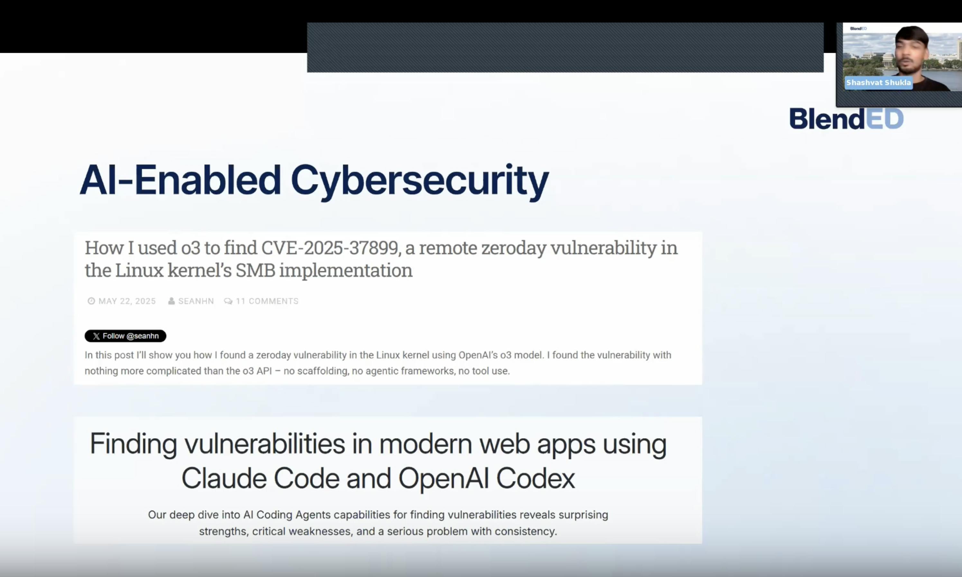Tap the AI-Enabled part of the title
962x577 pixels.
point(180,180)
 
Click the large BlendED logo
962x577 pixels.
point(846,118)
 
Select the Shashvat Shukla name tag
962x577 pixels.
point(878,82)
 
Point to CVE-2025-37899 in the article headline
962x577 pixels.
point(330,248)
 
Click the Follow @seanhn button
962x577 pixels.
point(125,336)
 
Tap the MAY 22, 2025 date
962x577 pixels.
point(127,301)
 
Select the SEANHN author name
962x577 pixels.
point(196,301)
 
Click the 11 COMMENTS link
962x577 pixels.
point(267,301)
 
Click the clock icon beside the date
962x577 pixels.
point(91,301)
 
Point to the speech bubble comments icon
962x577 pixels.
point(228,301)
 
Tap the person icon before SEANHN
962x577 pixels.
point(171,301)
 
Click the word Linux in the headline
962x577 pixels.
point(139,270)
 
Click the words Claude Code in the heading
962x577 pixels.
point(261,478)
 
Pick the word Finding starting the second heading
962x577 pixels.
point(133,444)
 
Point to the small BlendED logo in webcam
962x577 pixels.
point(858,28)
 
